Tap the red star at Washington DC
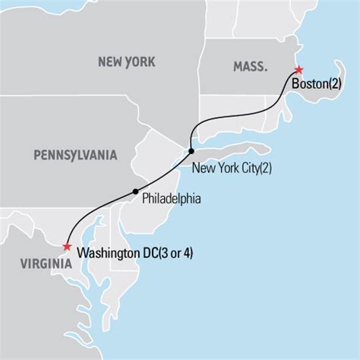click(x=67, y=246)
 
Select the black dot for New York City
click(x=191, y=150)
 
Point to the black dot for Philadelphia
click(x=135, y=191)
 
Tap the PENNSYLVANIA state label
click(x=75, y=156)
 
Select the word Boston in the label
click(x=307, y=85)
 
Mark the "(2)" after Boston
click(x=336, y=85)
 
